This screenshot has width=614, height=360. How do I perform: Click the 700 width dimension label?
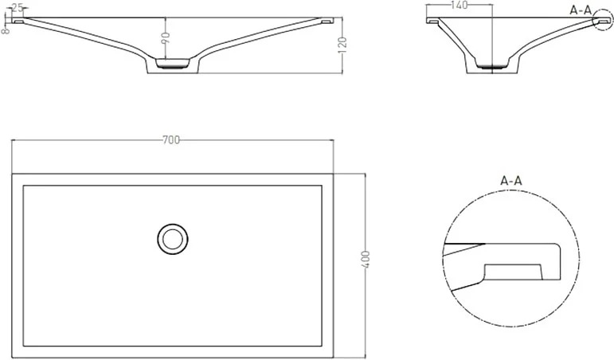tap(171, 140)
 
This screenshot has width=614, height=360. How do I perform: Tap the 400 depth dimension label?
tap(365, 259)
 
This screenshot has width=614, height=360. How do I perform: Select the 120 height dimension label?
tap(342, 45)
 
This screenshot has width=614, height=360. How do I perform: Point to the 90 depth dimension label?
tap(166, 38)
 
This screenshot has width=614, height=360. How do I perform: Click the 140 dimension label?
tap(459, 5)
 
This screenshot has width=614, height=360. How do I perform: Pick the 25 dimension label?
tap(18, 7)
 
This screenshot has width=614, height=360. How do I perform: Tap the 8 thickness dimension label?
tap(6, 30)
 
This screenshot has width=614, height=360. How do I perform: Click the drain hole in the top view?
tap(173, 239)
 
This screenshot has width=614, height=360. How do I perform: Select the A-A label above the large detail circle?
tap(511, 181)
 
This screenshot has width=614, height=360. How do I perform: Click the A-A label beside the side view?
tap(581, 10)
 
